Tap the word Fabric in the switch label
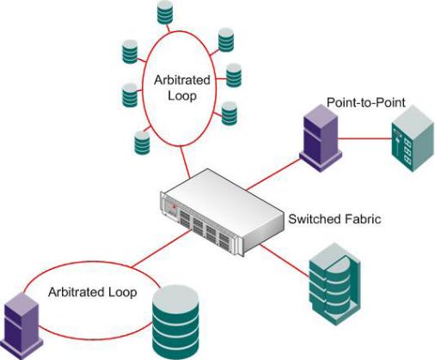tap(363, 219)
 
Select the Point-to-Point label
tap(366, 102)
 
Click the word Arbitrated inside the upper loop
tap(182, 80)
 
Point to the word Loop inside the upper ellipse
tap(182, 95)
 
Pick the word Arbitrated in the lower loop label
tap(77, 292)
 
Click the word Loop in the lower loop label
tap(123, 293)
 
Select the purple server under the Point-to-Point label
tap(321, 138)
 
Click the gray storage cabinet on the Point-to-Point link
tap(413, 138)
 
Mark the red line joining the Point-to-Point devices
tap(365, 139)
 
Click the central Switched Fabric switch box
tap(222, 212)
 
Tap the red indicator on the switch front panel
tap(174, 206)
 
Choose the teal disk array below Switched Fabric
tap(334, 284)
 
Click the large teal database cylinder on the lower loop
tap(175, 322)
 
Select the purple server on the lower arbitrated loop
tap(21, 326)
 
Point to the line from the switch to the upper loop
tap(185, 162)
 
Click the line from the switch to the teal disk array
tap(285, 261)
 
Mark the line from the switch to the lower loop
tap(161, 249)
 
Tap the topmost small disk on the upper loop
tap(165, 12)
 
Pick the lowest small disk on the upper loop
tap(142, 143)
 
